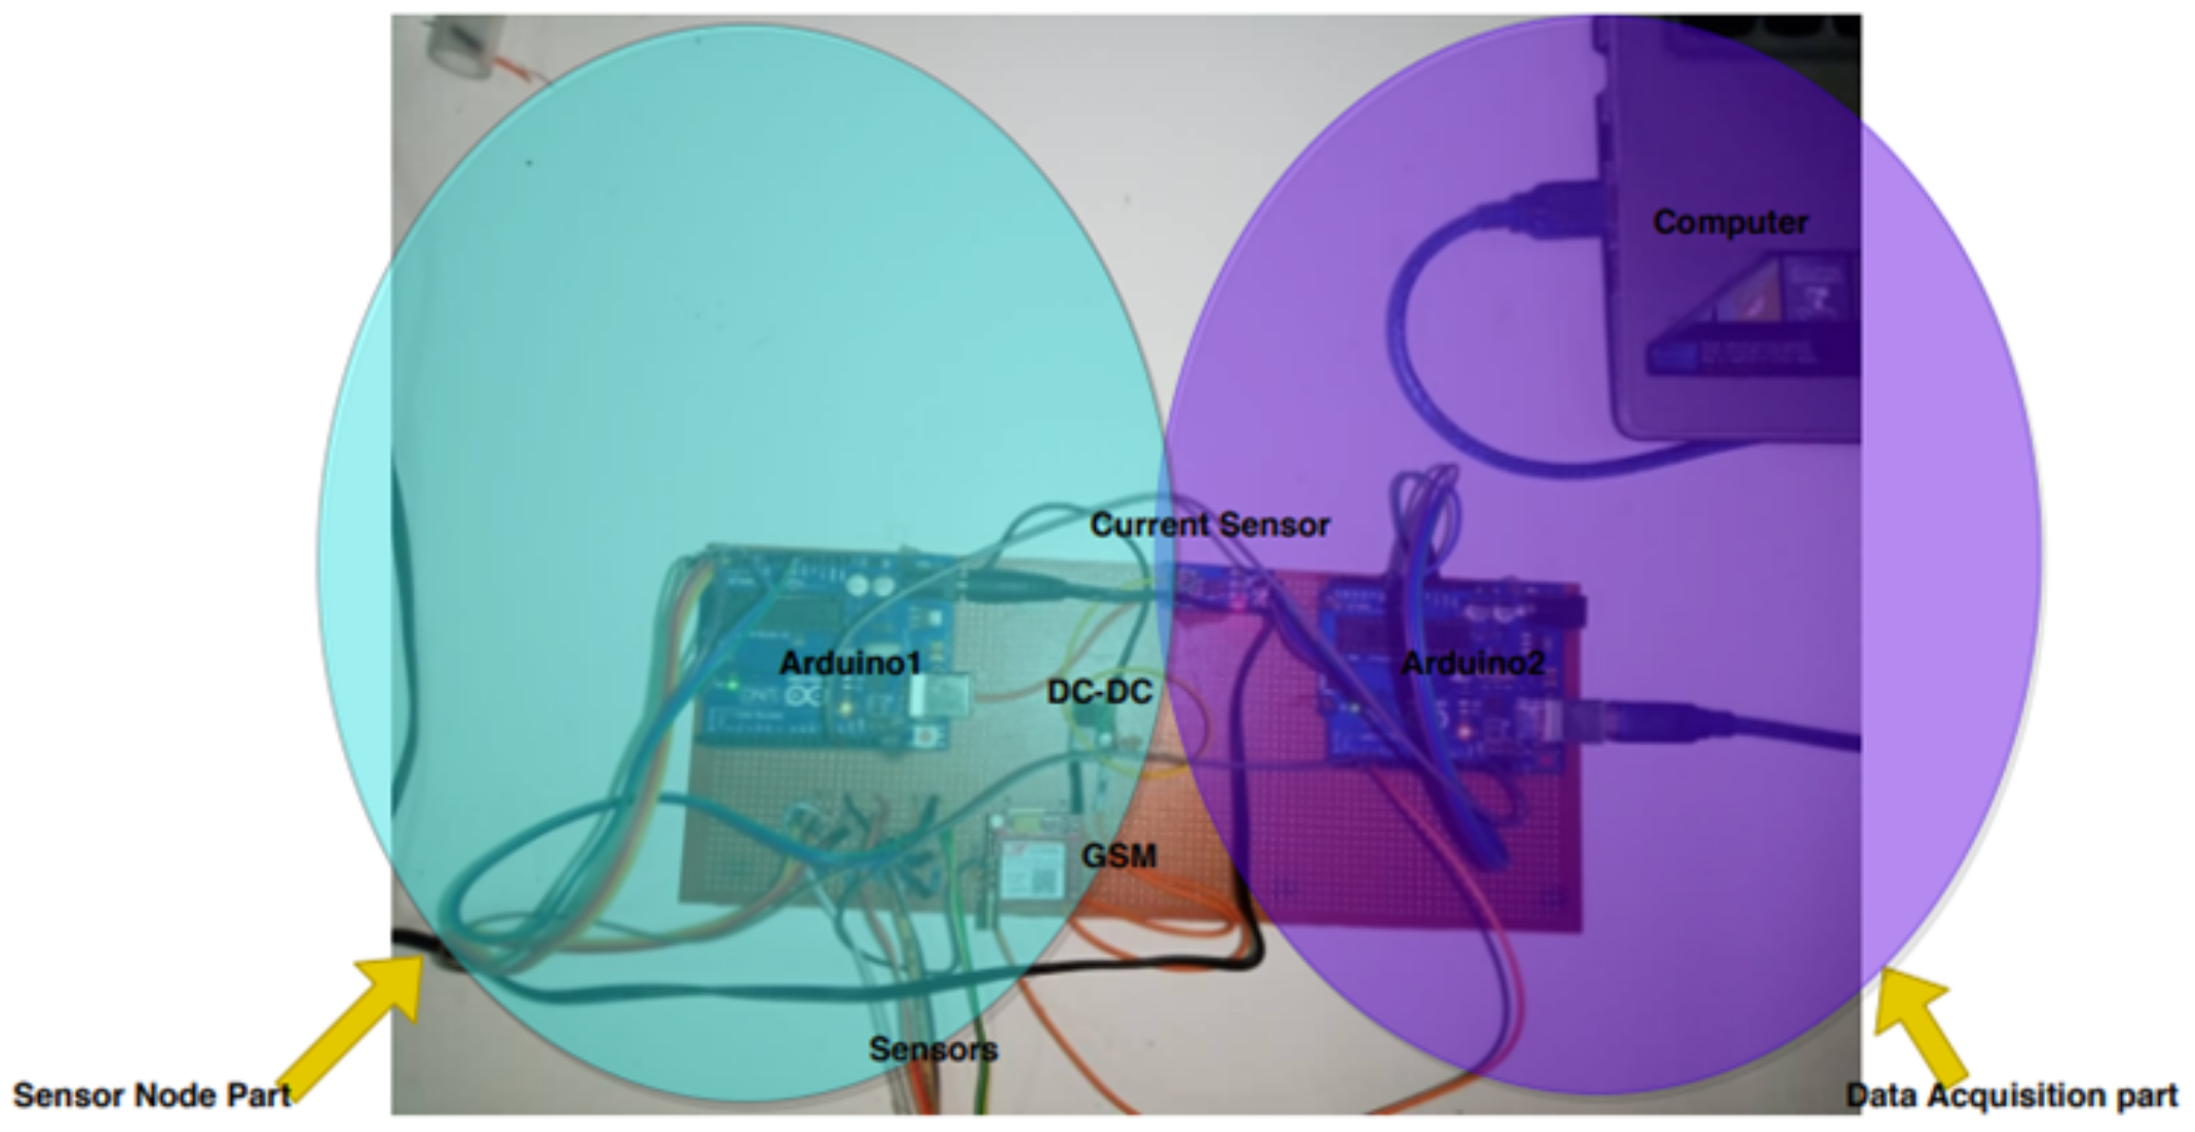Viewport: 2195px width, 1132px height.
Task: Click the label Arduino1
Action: tap(849, 663)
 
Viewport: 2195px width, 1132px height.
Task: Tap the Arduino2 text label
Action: tap(1472, 663)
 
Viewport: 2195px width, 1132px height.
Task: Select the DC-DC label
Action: tap(1099, 692)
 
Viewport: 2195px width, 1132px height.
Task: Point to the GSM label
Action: tap(1118, 856)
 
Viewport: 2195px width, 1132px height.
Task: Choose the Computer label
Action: tap(1730, 222)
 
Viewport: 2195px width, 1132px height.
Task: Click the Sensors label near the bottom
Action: tap(934, 1049)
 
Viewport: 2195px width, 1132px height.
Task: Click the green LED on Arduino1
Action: tap(732, 684)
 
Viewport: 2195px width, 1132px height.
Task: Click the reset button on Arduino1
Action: tap(937, 736)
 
